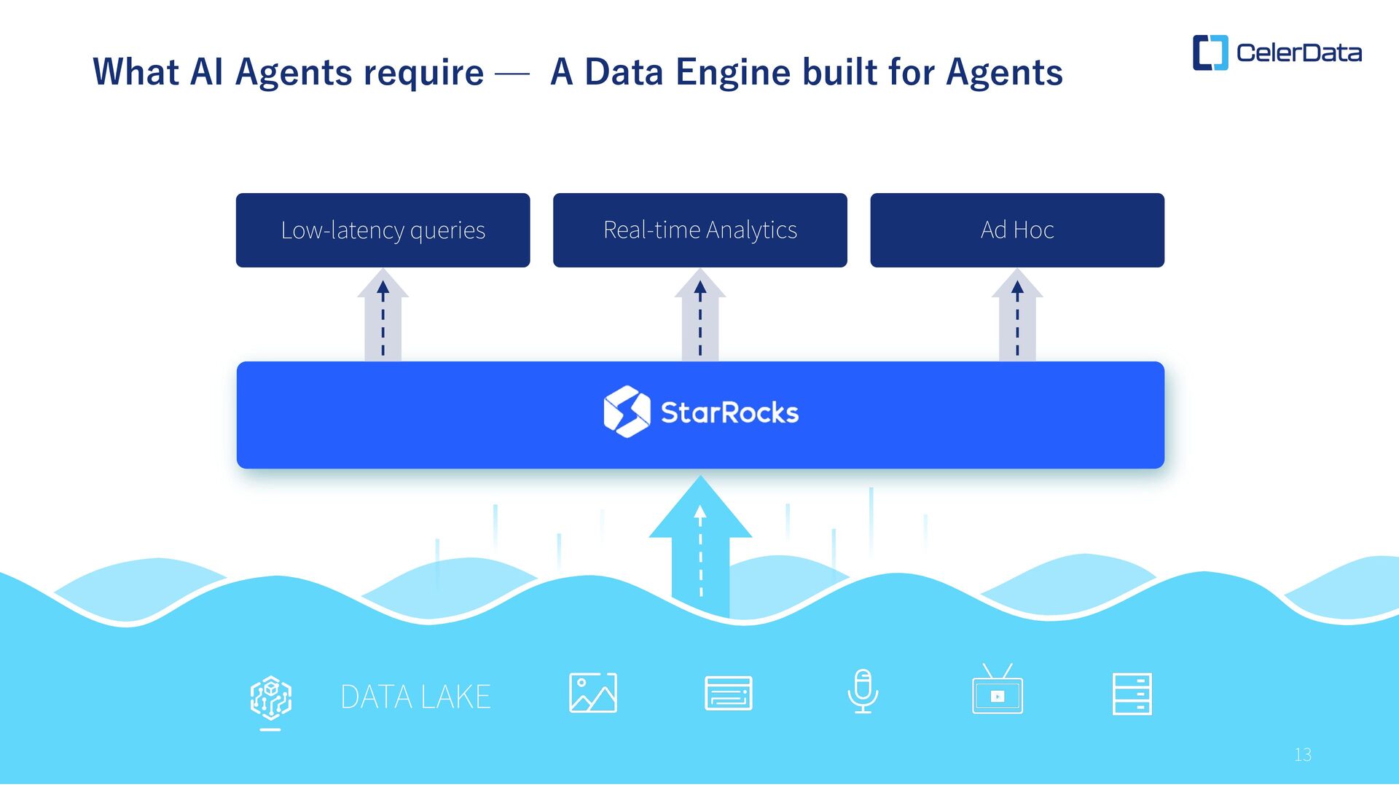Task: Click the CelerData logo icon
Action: (x=1210, y=52)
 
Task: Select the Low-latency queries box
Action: (x=383, y=230)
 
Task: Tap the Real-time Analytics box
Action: (x=699, y=230)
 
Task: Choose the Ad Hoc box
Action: (x=1016, y=230)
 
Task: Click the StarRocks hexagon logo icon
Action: (x=627, y=412)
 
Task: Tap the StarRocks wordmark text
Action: (x=729, y=413)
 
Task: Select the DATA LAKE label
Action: (x=415, y=697)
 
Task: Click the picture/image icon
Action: (x=592, y=693)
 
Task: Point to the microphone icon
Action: (x=863, y=692)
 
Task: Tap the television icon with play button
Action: (x=997, y=691)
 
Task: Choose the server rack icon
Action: (x=1132, y=694)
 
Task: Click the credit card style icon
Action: (x=728, y=693)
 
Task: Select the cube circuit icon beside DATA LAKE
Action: (x=271, y=697)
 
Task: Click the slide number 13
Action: (x=1303, y=755)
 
